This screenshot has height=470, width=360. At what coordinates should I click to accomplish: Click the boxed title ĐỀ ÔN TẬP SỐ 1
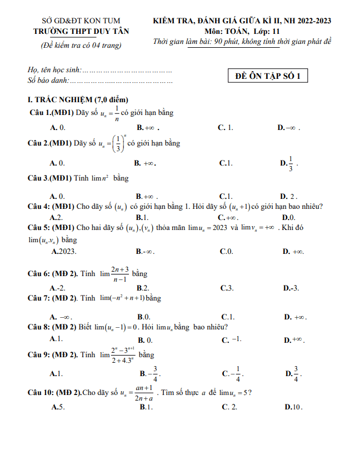click(268, 76)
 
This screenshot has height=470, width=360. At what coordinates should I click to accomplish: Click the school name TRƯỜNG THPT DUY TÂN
click(81, 32)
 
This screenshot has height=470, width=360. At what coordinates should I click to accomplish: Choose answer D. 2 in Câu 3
click(289, 196)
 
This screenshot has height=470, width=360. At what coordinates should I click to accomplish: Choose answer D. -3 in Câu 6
click(291, 288)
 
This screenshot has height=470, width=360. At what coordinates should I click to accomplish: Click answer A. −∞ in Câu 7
click(61, 317)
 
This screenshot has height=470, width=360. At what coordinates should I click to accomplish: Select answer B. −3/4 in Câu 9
click(150, 374)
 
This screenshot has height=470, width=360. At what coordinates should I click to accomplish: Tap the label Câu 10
click(41, 393)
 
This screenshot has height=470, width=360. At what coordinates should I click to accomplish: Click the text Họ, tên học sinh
click(54, 71)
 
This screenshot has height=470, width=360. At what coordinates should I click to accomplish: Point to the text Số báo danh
click(48, 81)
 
